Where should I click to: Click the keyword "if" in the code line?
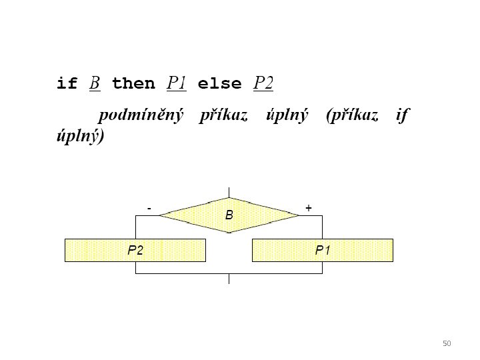pos(67,84)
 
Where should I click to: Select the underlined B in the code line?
pos(95,84)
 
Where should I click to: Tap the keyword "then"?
pos(133,84)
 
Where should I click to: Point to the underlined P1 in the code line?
pos(177,83)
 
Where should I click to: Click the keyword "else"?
pos(220,84)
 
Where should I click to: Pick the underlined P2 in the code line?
pos(264,83)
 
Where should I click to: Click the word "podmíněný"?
pos(141,116)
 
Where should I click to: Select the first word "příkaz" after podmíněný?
pos(223,116)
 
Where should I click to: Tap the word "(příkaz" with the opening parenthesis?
pos(352,116)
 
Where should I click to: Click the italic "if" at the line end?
pos(401,116)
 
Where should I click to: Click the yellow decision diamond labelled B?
pos(229,215)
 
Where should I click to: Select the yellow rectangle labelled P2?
pos(135,250)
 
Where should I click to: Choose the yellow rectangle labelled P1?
pos(323,250)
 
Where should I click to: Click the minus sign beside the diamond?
pos(149,209)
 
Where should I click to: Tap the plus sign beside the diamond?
pos(309,209)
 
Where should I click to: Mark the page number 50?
pos(447,343)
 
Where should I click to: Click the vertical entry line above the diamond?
pos(229,192)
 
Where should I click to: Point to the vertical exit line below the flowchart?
pos(229,279)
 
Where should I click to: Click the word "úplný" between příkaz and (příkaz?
pos(287,116)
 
